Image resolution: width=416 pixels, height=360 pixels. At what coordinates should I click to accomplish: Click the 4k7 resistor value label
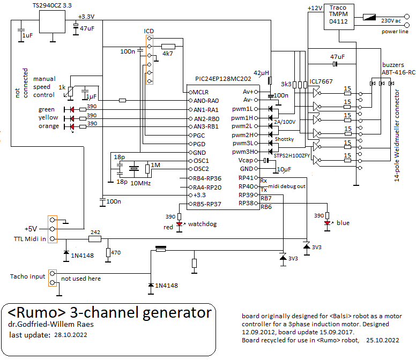coord(168,54)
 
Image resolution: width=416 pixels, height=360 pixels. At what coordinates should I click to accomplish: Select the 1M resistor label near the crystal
coord(156,164)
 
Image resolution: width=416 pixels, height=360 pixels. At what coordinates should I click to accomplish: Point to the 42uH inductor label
coord(262,72)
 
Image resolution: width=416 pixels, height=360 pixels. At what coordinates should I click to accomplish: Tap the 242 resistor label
coord(96,232)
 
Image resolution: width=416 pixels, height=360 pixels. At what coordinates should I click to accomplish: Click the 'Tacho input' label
coord(28,276)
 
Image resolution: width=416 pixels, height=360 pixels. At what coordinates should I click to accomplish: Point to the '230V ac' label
coord(391,20)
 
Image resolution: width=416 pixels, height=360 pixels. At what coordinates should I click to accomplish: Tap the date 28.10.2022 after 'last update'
coord(68,335)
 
